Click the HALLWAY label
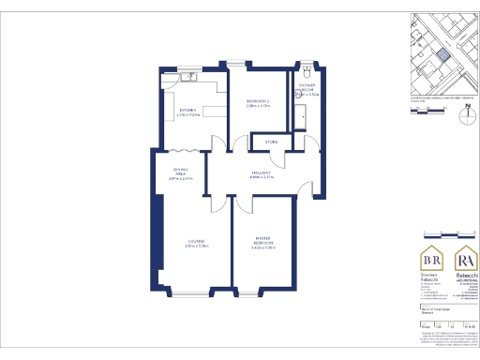(x=262, y=173)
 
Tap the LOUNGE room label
(x=195, y=245)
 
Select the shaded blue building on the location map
(x=439, y=53)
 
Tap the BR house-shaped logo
(x=433, y=258)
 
